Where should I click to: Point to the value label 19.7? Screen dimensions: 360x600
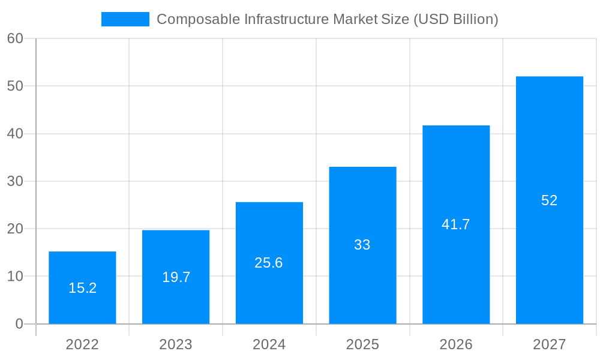[x=176, y=277]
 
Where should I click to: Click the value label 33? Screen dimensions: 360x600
[x=362, y=245]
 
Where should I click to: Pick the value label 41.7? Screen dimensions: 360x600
[x=456, y=224]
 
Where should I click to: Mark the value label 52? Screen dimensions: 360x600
[x=549, y=200]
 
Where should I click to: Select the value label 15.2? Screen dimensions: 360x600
[x=82, y=288]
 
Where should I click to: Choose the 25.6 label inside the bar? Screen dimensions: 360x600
[x=269, y=263]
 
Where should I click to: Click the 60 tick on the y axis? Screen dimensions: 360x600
[x=15, y=38]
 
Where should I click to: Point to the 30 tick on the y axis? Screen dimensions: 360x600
[x=15, y=181]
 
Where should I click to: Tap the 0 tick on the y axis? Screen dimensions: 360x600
[x=19, y=324]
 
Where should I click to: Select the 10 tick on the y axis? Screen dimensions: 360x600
[x=15, y=277]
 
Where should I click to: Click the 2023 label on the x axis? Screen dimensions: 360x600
[x=176, y=344]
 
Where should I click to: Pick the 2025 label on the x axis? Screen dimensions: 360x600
[x=362, y=344]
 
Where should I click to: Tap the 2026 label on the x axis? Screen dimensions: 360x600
[x=456, y=344]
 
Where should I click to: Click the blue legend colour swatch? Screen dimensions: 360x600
[x=125, y=19]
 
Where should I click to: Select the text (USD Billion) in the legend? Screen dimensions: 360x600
[x=456, y=19]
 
